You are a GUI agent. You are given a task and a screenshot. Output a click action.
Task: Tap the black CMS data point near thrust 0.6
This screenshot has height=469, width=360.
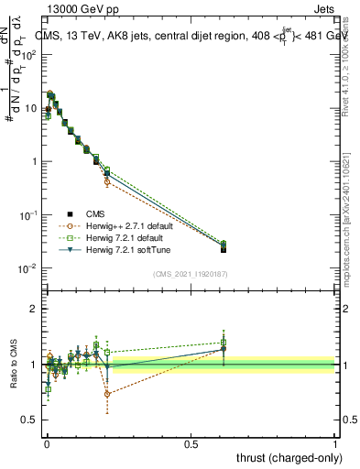coord(224,248)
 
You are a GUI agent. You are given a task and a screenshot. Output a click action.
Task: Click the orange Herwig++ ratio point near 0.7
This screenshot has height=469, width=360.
coord(107,394)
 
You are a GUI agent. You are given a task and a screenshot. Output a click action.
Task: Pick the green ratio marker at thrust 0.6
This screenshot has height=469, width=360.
coord(224,343)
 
